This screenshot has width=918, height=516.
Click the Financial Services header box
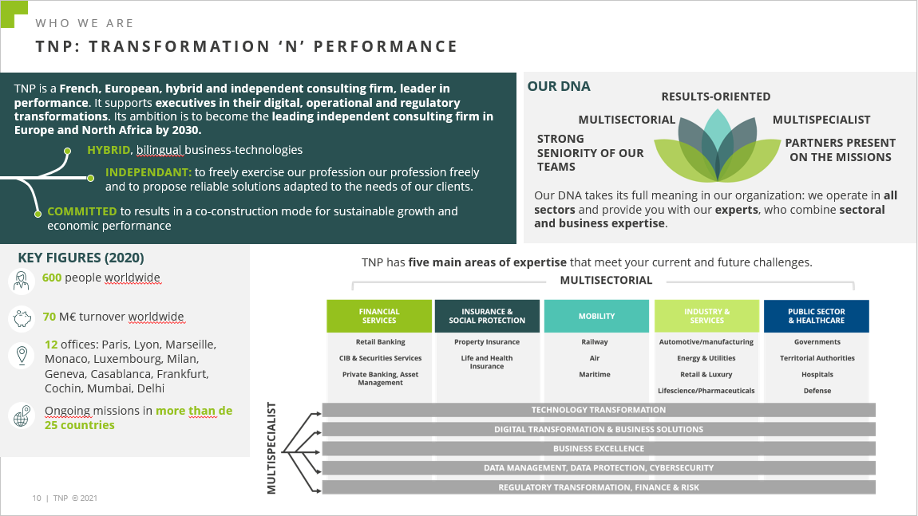tap(379, 316)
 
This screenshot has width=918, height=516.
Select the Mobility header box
tap(596, 316)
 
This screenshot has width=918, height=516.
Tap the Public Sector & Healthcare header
tap(816, 316)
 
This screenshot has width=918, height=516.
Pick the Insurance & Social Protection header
tap(487, 316)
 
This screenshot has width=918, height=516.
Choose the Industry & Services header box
tap(706, 316)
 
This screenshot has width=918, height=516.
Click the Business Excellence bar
tap(599, 449)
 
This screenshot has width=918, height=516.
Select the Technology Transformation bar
tap(599, 410)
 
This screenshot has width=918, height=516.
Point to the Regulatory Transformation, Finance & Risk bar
tap(599, 487)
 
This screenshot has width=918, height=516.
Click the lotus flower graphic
tap(717, 146)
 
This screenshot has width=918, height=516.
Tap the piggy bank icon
tap(22, 318)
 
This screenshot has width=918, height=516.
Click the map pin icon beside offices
tap(22, 355)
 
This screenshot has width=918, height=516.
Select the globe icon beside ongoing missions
tap(22, 416)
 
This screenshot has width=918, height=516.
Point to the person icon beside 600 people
tap(22, 281)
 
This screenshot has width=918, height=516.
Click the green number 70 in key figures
tap(49, 317)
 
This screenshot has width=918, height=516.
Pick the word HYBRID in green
tap(109, 150)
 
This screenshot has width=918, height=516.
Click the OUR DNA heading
tap(559, 87)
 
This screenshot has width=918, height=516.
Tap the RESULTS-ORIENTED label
tap(716, 97)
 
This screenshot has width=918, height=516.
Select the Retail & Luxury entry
tap(706, 374)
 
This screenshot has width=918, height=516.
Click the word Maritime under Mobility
tap(595, 374)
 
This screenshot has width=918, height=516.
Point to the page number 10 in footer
tap(37, 498)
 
